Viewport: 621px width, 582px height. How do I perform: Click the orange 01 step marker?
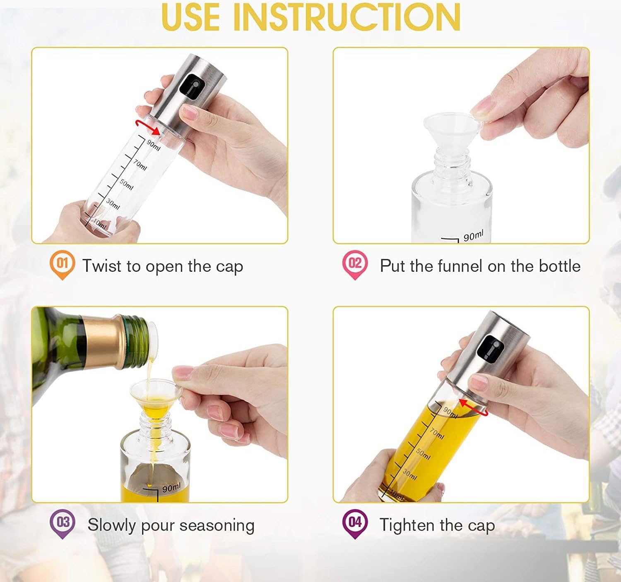62,264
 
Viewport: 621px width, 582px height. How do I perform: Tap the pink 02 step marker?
355,264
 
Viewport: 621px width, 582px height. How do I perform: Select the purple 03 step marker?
62,524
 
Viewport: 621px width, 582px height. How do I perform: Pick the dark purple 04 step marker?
355,524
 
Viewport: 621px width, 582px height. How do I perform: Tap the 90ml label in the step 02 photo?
473,235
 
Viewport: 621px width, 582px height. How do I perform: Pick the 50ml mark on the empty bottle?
126,185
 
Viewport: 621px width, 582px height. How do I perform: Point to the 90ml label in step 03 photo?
171,487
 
